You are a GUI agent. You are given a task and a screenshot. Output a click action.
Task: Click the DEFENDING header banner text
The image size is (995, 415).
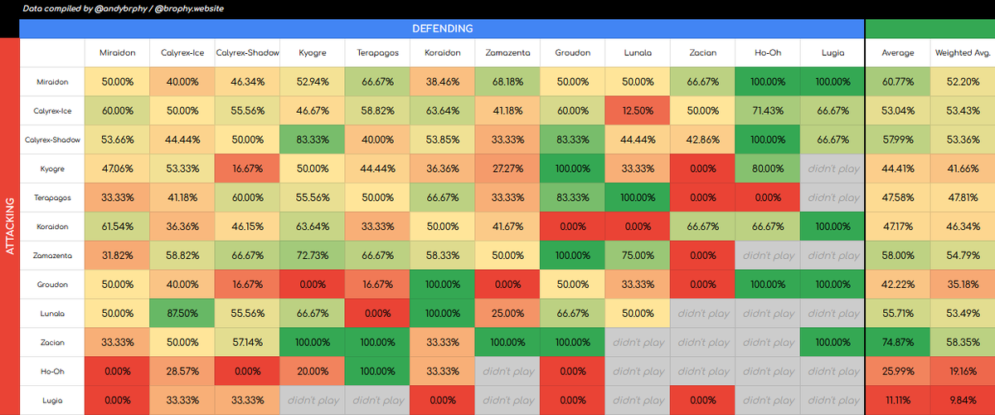[442, 28]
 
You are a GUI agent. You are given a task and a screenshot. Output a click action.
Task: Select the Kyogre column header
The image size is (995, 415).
[313, 52]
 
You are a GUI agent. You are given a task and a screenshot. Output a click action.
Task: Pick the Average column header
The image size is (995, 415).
[897, 52]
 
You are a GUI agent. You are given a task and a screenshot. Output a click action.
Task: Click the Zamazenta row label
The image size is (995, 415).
[52, 256]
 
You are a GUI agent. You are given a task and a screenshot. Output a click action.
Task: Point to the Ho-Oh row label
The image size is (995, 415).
[52, 371]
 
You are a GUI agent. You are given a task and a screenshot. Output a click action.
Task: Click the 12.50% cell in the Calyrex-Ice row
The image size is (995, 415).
[637, 111]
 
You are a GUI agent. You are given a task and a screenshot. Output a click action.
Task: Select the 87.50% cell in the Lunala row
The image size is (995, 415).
[182, 314]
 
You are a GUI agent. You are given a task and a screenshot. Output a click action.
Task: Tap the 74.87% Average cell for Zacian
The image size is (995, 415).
[897, 342]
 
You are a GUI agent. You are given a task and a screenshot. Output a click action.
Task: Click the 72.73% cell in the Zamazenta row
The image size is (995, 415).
[313, 256]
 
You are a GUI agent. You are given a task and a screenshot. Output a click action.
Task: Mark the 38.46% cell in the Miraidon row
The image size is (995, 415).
[442, 82]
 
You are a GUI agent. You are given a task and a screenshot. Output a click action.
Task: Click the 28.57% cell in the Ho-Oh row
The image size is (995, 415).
[182, 371]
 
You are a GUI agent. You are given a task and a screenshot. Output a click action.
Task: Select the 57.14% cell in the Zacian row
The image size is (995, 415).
[247, 342]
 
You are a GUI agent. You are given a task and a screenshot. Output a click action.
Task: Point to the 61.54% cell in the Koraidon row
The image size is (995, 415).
[118, 227]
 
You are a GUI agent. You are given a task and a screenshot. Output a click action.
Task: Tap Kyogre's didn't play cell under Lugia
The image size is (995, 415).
[832, 169]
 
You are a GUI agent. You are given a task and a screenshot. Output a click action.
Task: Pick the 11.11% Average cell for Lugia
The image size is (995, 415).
[897, 400]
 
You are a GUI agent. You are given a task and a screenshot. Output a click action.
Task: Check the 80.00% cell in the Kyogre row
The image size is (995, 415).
[767, 169]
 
